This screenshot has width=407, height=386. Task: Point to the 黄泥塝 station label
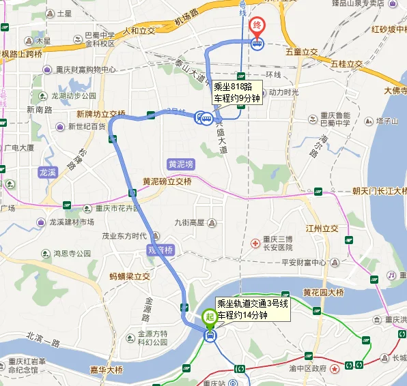(181, 164)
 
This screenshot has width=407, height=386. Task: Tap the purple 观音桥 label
(161, 250)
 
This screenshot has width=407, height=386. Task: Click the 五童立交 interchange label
(302, 52)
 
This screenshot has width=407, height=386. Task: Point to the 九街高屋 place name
(189, 222)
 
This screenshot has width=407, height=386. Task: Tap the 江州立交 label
(322, 228)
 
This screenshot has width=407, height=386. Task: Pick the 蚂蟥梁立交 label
(130, 276)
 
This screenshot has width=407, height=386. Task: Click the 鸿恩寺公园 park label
(72, 254)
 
